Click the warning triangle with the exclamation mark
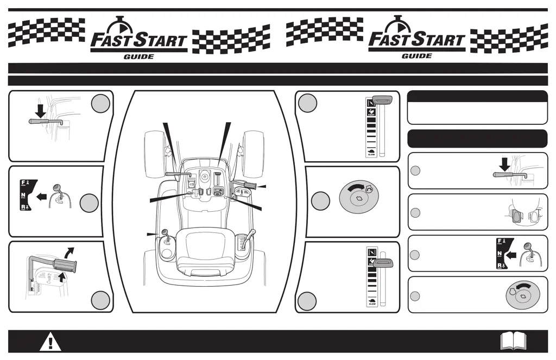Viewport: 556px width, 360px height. coord(50,342)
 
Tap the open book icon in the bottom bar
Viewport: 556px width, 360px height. coord(512,341)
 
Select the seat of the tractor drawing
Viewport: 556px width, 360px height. coord(205,247)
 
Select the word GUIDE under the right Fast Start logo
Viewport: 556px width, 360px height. coord(416,56)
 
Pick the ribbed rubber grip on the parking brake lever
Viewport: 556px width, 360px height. coord(64,266)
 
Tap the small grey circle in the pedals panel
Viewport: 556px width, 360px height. coord(415,212)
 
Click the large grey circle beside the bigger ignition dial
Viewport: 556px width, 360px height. coord(320,201)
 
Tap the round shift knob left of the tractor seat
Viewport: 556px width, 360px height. coord(163,233)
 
